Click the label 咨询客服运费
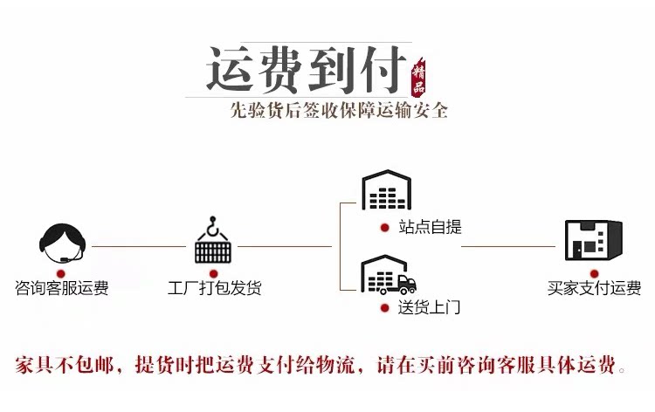click(x=62, y=288)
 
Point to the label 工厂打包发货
click(x=214, y=288)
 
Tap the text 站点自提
click(x=430, y=227)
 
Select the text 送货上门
click(x=430, y=307)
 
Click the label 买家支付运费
click(x=594, y=288)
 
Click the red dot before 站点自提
click(x=384, y=227)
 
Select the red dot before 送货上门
click(x=384, y=307)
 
